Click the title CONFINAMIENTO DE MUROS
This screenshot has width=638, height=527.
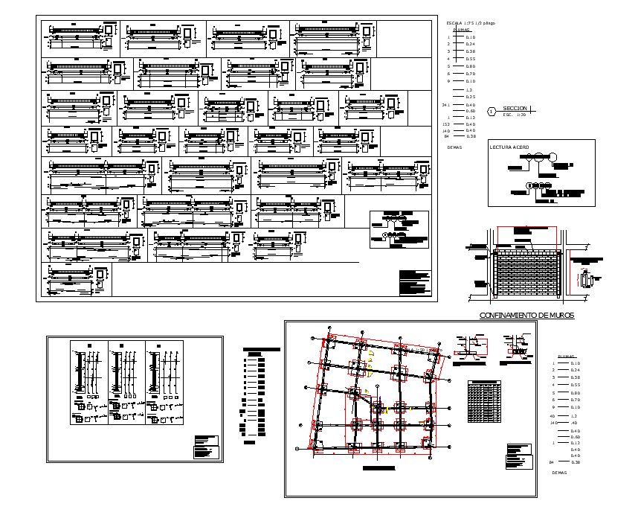(x=526, y=316)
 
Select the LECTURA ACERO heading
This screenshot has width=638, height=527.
(x=509, y=147)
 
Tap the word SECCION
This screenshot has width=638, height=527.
(x=515, y=109)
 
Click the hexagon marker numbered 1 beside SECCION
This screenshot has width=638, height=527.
(x=491, y=112)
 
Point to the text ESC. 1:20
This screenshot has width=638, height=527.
(x=514, y=115)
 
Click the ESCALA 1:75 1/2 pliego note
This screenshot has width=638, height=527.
(x=470, y=24)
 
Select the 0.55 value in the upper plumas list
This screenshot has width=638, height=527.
(x=470, y=59)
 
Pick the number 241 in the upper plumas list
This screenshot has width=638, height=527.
(x=446, y=105)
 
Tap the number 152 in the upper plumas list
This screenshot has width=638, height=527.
(x=446, y=124)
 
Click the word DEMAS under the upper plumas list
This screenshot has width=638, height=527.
(x=455, y=147)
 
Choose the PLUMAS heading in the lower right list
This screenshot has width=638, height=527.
(x=567, y=357)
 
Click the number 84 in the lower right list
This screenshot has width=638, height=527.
(x=552, y=462)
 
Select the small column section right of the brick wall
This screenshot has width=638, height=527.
(x=585, y=280)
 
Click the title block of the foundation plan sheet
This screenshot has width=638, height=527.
(x=518, y=456)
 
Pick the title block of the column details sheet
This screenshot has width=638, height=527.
(x=207, y=447)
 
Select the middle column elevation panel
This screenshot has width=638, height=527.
(x=126, y=383)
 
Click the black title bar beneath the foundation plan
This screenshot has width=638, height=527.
(x=379, y=469)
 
